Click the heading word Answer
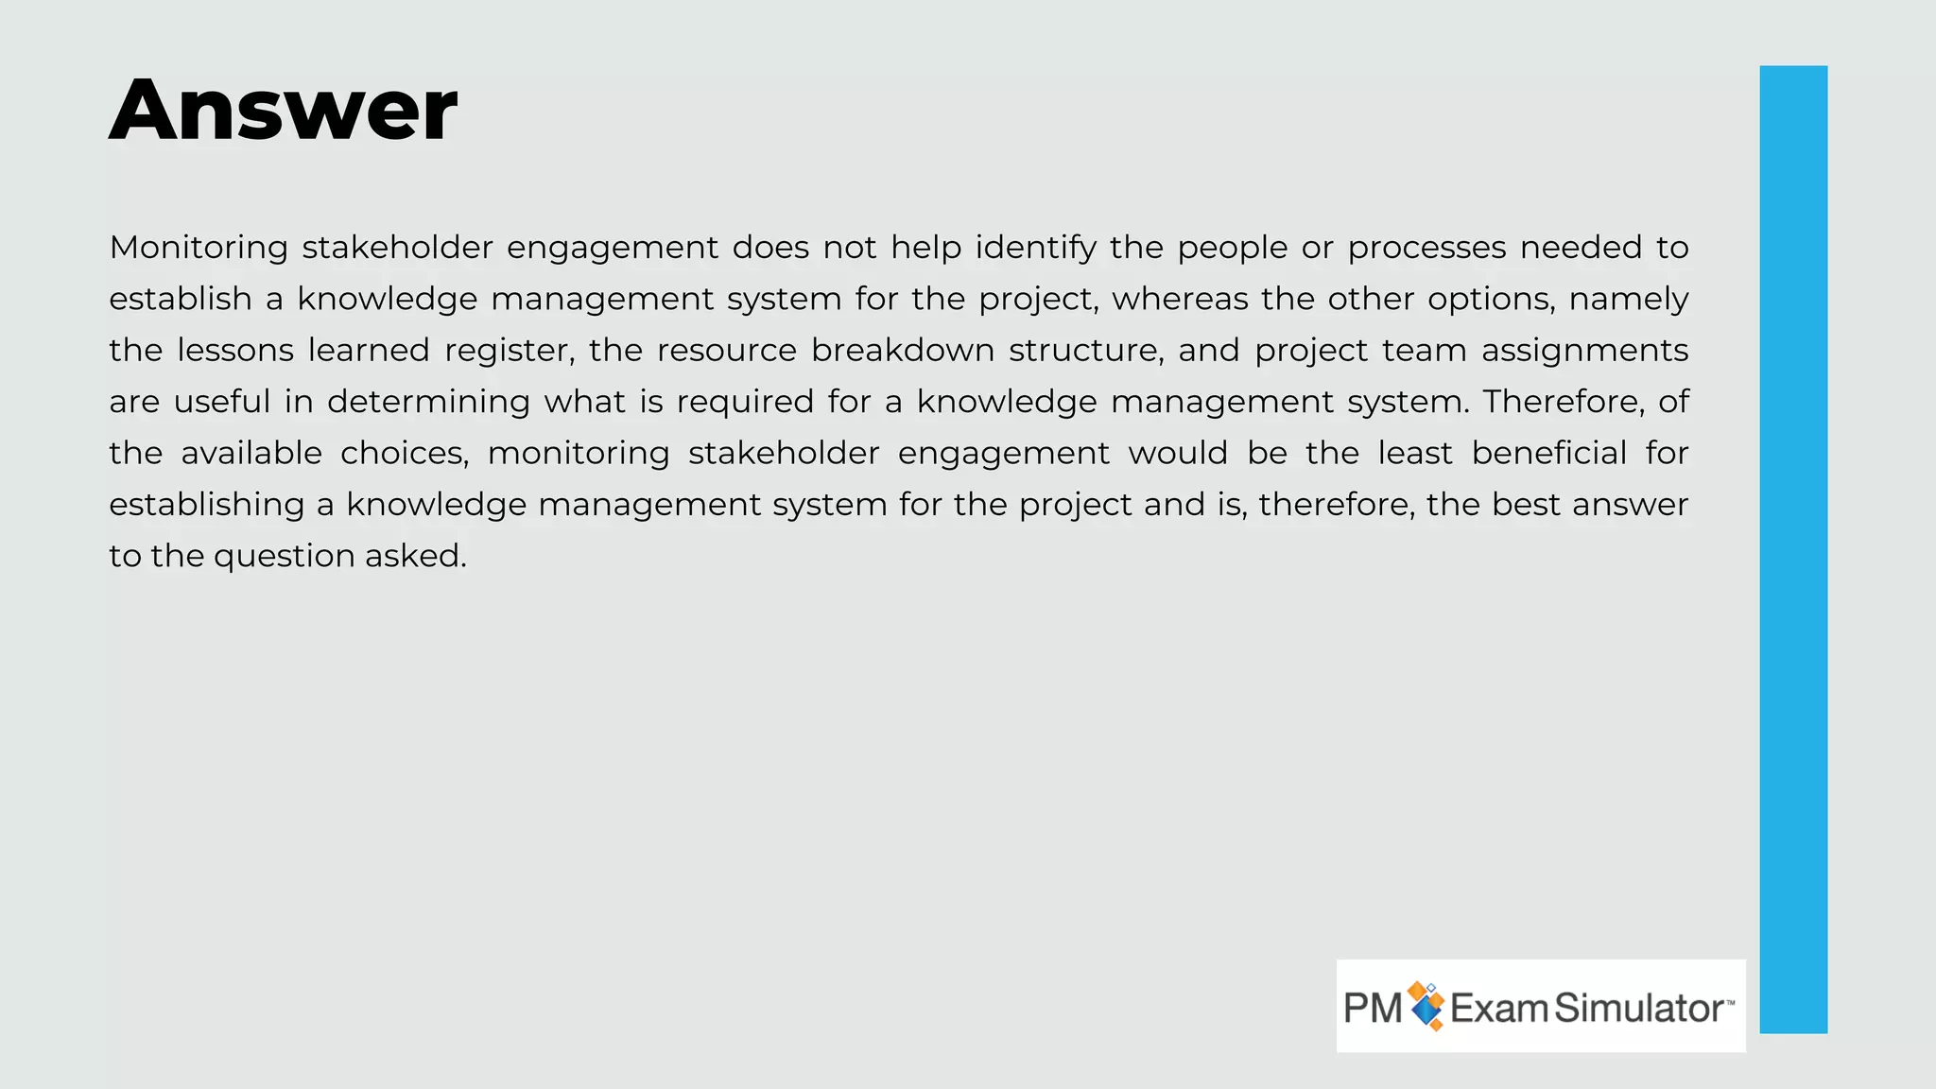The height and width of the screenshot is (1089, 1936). point(283,111)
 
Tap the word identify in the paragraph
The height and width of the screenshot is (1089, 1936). point(1035,248)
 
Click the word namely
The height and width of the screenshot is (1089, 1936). point(1628,299)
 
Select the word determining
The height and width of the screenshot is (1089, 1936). point(428,402)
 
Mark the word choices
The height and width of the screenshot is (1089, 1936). point(405,454)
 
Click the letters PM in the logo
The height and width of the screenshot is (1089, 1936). point(1373,1008)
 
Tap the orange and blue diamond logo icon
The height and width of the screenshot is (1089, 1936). point(1426,1006)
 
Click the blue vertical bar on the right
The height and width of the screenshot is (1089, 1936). point(1792,548)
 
